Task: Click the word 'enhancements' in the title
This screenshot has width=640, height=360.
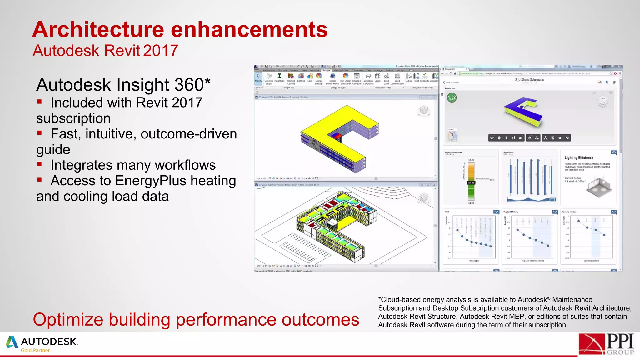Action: tap(249, 30)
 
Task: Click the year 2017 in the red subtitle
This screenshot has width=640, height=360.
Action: tap(161, 51)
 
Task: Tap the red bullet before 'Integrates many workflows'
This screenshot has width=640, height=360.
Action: tap(39, 164)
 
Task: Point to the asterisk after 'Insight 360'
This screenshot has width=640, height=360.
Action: tap(207, 82)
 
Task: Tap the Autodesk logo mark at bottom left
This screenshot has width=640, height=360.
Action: tap(12, 342)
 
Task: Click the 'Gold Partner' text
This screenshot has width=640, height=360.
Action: tap(35, 350)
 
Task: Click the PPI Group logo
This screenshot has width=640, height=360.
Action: tap(606, 344)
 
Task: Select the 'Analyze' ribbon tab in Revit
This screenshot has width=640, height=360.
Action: tap(326, 70)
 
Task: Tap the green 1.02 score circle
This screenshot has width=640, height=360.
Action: tap(452, 98)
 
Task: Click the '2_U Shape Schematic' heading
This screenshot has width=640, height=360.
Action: tap(529, 80)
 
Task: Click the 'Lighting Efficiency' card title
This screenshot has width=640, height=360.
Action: tap(579, 158)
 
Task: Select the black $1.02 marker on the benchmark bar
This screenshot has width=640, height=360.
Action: tap(471, 183)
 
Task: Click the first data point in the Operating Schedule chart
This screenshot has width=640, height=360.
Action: tap(579, 221)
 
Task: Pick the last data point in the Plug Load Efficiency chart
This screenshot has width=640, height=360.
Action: tap(548, 246)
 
